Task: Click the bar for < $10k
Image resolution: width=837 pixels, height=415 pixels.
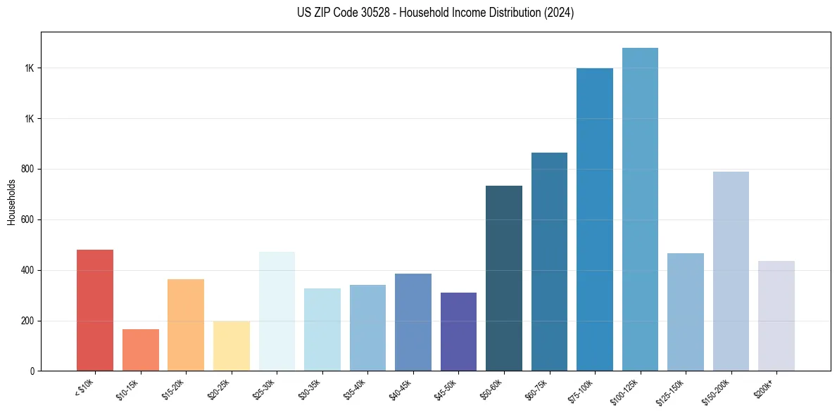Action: (x=95, y=310)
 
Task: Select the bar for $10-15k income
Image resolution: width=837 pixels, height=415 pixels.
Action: (x=140, y=350)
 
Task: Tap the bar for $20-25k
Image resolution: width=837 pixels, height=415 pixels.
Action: (x=231, y=346)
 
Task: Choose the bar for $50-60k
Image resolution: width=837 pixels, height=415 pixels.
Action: (x=504, y=278)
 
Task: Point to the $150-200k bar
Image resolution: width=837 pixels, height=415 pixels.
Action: (x=731, y=271)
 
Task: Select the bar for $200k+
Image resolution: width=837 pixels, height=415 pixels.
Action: (x=776, y=316)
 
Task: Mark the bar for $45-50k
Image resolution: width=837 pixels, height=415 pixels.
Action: (x=458, y=331)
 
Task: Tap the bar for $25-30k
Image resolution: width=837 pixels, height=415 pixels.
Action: (x=277, y=311)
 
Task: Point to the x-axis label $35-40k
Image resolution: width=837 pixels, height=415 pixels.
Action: (x=355, y=388)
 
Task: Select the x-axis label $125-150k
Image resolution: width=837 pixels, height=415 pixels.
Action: (x=672, y=389)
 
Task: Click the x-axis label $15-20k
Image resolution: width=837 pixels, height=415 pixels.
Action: (x=173, y=388)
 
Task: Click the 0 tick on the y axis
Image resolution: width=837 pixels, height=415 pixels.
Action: (x=32, y=371)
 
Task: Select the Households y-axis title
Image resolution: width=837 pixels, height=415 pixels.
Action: (x=11, y=202)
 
